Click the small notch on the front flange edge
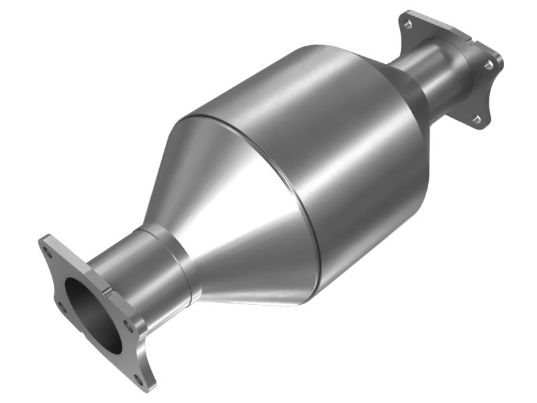tap(107, 290)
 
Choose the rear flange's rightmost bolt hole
tap(490, 65)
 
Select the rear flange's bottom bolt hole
tap(476, 119)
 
